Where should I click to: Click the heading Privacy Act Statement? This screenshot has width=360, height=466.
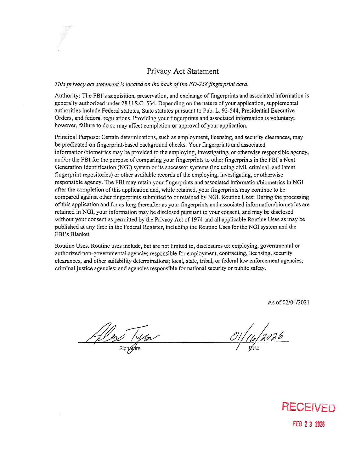click(183, 71)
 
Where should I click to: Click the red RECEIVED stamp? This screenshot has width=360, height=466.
click(308, 408)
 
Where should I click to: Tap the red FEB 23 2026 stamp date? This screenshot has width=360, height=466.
click(309, 424)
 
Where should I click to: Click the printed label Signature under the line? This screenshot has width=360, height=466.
click(130, 348)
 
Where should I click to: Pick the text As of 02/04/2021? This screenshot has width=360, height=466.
click(288, 302)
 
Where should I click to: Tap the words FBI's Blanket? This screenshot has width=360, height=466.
click(72, 234)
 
